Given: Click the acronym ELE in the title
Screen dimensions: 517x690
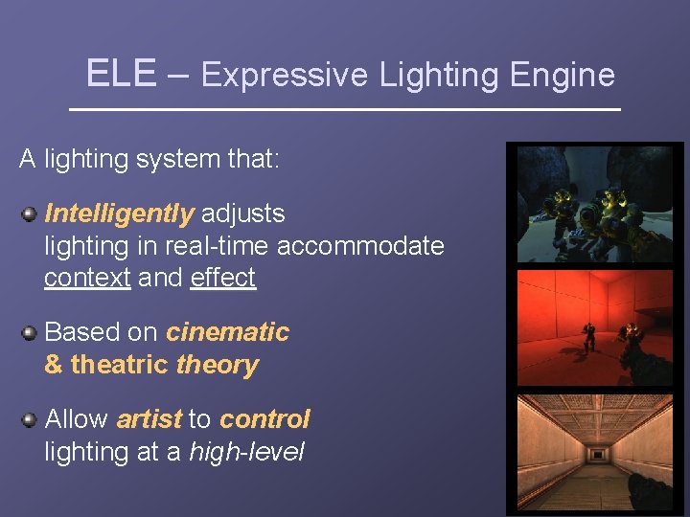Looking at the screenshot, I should [x=121, y=74].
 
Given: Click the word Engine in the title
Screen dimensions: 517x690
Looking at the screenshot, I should [x=563, y=75].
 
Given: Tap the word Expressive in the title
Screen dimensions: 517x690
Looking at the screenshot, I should [x=285, y=75].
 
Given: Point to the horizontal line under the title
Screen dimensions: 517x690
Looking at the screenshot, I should [x=345, y=110].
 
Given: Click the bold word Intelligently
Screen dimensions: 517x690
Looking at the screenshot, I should [x=119, y=213].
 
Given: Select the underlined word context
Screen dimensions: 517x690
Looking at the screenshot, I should [x=87, y=278].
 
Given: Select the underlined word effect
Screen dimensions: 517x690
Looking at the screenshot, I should [x=223, y=278].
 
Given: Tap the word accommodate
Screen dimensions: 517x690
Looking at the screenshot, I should [x=360, y=246].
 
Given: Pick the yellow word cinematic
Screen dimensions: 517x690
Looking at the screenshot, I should [x=227, y=332].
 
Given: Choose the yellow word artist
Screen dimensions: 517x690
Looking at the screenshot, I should [x=149, y=419].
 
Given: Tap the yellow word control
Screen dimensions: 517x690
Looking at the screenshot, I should [x=264, y=419].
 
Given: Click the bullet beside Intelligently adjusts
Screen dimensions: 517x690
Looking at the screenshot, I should [x=30, y=213].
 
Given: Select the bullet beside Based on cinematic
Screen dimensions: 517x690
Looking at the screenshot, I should [x=30, y=332].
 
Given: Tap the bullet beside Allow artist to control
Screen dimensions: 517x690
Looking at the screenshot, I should [x=30, y=419].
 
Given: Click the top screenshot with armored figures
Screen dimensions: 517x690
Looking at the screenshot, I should [x=595, y=204].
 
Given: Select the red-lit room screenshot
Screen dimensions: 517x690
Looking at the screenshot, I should [x=595, y=326].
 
